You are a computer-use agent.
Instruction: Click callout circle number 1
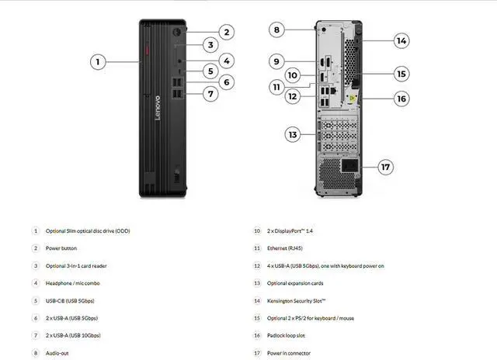click(97, 61)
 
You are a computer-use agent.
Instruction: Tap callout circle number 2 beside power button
click(226, 32)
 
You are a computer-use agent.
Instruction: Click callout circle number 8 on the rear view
click(276, 29)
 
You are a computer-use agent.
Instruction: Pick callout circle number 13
click(293, 135)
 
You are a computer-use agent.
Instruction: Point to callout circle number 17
click(386, 167)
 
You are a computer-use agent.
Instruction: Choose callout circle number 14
click(401, 40)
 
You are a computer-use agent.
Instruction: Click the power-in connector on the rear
click(349, 167)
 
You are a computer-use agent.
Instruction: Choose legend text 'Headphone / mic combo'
click(72, 283)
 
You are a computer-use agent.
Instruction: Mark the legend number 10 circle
click(257, 230)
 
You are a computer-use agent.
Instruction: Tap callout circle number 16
click(401, 99)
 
